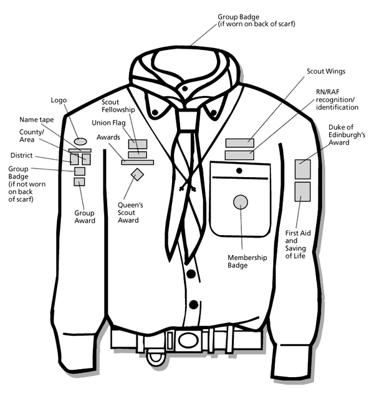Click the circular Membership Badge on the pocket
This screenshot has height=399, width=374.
[x=240, y=201]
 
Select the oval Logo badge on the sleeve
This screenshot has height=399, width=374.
[x=80, y=142]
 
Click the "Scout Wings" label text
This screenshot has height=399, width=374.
[x=327, y=72]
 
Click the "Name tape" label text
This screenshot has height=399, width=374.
[x=36, y=119]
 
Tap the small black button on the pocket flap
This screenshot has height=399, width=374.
[x=239, y=170]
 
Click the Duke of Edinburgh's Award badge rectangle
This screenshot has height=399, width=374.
[x=302, y=170]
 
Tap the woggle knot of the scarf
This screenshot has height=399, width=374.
[x=186, y=117]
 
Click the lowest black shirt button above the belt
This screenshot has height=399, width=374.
[x=193, y=304]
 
